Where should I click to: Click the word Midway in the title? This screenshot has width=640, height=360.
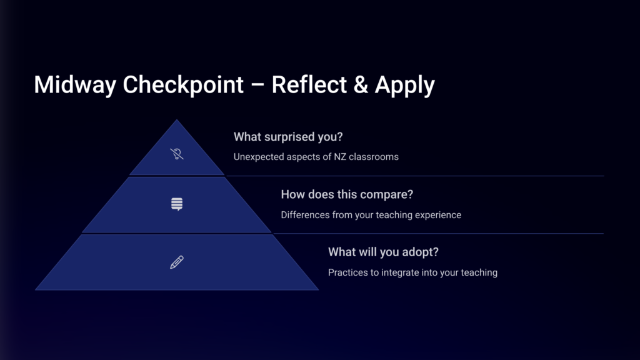click(x=75, y=85)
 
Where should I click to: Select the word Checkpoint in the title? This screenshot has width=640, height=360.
click(x=183, y=85)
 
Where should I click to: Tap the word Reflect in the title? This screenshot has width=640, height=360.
click(x=308, y=84)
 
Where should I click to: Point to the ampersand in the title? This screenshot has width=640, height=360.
click(x=360, y=84)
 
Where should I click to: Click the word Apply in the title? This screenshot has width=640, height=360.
click(x=405, y=85)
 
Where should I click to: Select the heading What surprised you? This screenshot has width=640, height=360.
click(x=288, y=137)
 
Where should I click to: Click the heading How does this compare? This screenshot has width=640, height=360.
click(x=347, y=194)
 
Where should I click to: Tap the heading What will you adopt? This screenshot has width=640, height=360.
click(x=383, y=252)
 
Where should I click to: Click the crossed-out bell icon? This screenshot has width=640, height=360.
click(x=177, y=154)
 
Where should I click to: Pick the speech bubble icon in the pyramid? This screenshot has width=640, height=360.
click(x=177, y=204)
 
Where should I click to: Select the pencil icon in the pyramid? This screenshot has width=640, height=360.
click(x=177, y=262)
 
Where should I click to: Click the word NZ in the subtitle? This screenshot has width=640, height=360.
click(x=340, y=157)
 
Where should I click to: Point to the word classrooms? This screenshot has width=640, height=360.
click(x=374, y=157)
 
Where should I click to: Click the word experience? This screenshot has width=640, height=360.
click(x=438, y=215)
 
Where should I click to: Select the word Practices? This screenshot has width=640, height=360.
click(x=348, y=272)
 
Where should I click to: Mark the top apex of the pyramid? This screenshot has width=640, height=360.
click(x=177, y=119)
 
